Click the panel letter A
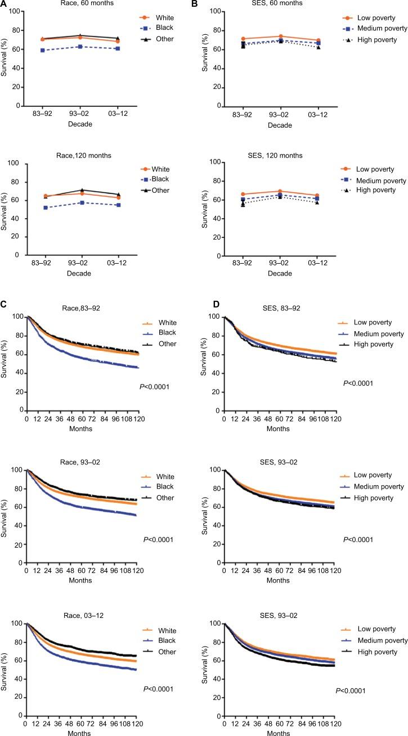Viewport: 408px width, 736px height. click(4, 4)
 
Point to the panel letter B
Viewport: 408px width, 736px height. click(209, 4)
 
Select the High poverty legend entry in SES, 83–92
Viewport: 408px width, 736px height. click(373, 343)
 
